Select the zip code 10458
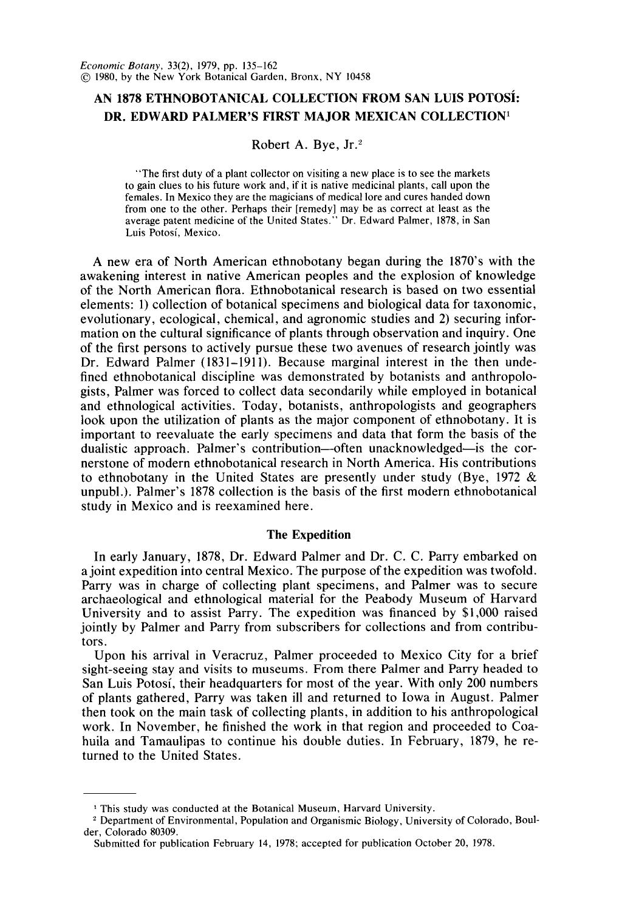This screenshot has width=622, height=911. coord(355,77)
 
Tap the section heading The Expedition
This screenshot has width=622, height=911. coord(309,534)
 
